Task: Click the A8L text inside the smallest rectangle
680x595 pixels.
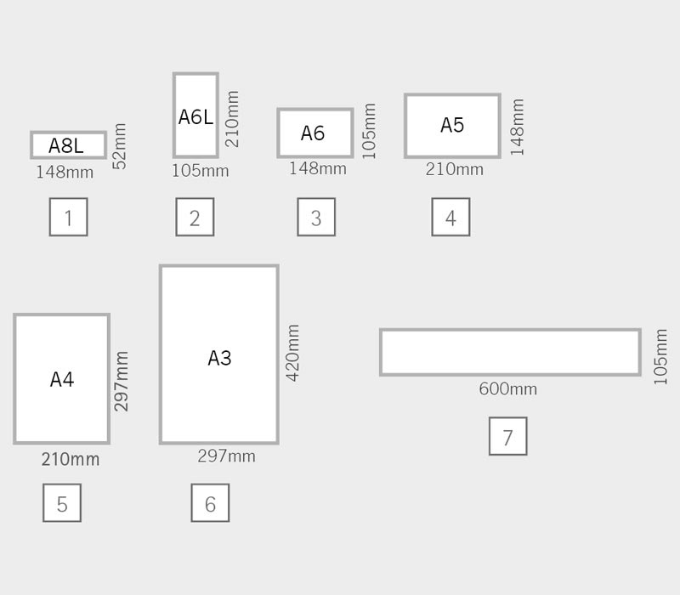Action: coord(66,145)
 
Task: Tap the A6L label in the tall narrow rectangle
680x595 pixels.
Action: coord(195,116)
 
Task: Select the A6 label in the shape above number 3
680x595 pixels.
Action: coord(313,133)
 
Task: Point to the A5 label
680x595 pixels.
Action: coord(452,125)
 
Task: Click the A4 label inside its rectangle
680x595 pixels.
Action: coord(62,379)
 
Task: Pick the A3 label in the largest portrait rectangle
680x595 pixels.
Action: coord(219,358)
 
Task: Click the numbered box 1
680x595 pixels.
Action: coord(68,218)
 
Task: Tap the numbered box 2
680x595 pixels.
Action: coord(195,218)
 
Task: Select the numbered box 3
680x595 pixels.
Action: coord(316,218)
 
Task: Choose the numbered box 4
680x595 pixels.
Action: coord(450,218)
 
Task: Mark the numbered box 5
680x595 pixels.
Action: coord(62,503)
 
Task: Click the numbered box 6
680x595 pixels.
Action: coord(210,503)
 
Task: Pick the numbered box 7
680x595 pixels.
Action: coord(507,437)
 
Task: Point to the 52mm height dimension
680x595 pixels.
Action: coord(120,146)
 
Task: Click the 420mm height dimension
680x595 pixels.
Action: coord(293,352)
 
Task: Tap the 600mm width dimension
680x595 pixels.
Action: coord(507,389)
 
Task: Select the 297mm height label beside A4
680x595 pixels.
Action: coord(122,381)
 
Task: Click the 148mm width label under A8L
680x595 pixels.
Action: coord(65,173)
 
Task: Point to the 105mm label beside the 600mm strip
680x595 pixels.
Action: coord(660,357)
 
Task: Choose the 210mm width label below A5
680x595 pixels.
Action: coord(454,170)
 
